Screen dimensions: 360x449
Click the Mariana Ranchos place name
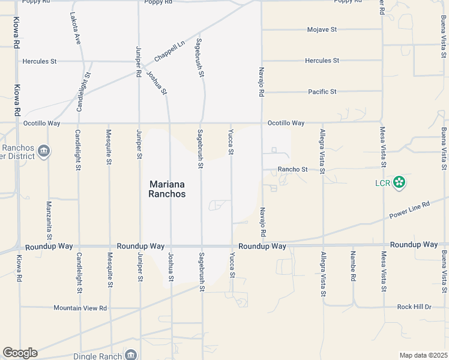pyautogui.click(x=167, y=189)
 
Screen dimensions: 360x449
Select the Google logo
pyautogui.click(x=20, y=353)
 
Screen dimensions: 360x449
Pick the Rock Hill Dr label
pyautogui.click(x=414, y=307)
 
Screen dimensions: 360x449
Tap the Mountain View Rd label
pyautogui.click(x=80, y=308)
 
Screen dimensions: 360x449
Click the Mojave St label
pyautogui.click(x=322, y=29)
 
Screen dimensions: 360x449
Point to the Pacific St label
pyautogui.click(x=322, y=92)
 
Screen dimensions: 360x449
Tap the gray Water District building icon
pyautogui.click(x=43, y=151)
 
